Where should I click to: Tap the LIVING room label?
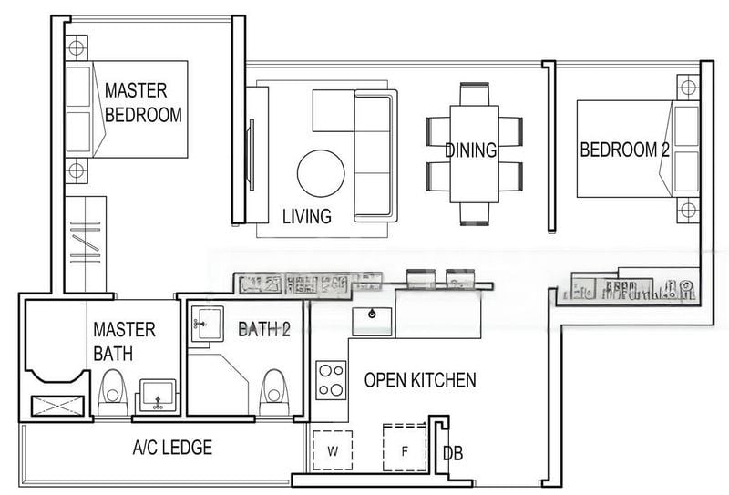coord(306,216)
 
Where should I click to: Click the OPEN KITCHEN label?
coord(419,380)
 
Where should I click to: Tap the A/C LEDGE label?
coord(172,448)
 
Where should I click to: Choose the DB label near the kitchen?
coord(452,452)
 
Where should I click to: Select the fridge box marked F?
coord(405,449)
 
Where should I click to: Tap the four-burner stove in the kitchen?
coord(331,379)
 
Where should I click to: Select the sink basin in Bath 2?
coord(204,322)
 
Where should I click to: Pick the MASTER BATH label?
coord(124,340)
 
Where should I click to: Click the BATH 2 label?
coord(263,329)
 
